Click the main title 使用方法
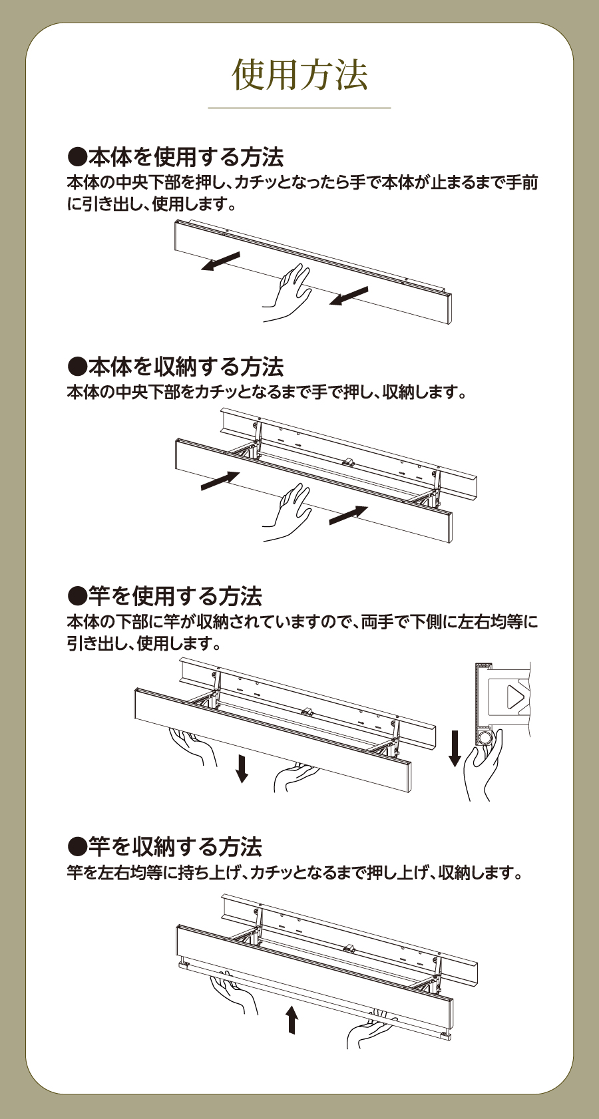(x=299, y=75)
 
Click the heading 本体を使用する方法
(x=175, y=157)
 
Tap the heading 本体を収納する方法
(x=175, y=367)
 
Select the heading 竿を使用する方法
(x=164, y=596)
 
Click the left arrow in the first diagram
(x=220, y=261)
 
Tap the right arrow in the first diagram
(x=348, y=296)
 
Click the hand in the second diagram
(x=288, y=512)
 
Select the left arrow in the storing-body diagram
(x=220, y=480)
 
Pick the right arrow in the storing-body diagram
(x=348, y=516)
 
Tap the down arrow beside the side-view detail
(x=455, y=748)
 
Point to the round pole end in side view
(x=485, y=738)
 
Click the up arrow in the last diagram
(x=292, y=1020)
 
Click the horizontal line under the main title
(x=299, y=107)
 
